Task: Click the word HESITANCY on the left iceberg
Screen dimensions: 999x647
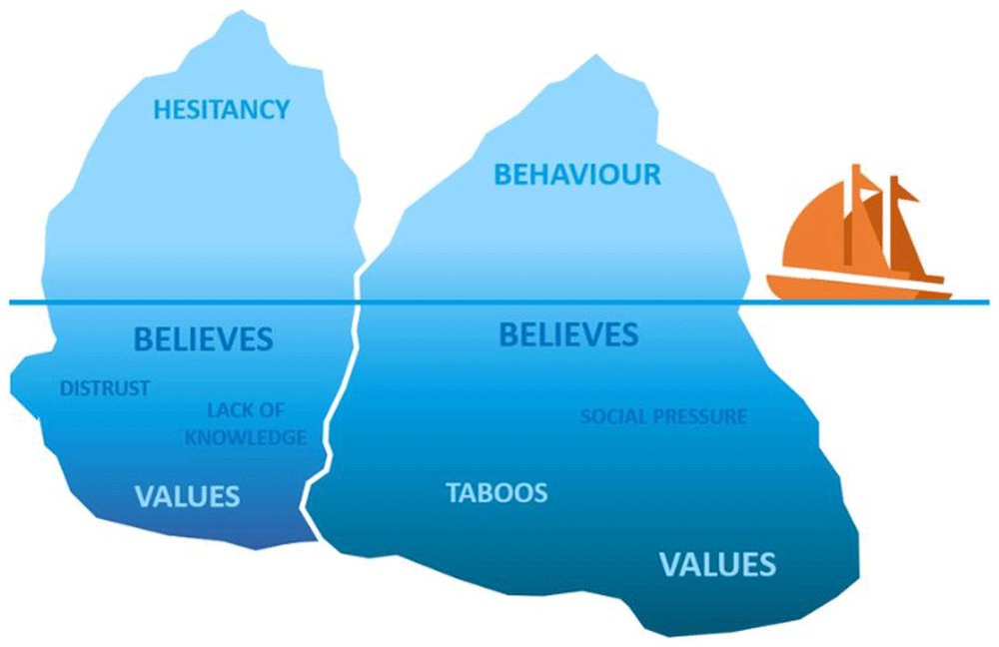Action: [222, 110]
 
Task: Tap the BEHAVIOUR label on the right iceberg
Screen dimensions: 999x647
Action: [577, 175]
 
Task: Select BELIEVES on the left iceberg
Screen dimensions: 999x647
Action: [203, 338]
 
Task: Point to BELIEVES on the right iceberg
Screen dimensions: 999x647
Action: [568, 334]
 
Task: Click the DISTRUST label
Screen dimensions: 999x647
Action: [105, 388]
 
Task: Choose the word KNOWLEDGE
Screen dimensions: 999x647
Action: [246, 437]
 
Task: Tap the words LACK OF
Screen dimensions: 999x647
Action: [246, 410]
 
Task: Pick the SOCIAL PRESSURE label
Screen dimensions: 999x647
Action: [663, 416]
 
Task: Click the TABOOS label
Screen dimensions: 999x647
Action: [497, 493]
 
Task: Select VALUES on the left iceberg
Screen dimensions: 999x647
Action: [188, 496]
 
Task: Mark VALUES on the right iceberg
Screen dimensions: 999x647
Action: [717, 564]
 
